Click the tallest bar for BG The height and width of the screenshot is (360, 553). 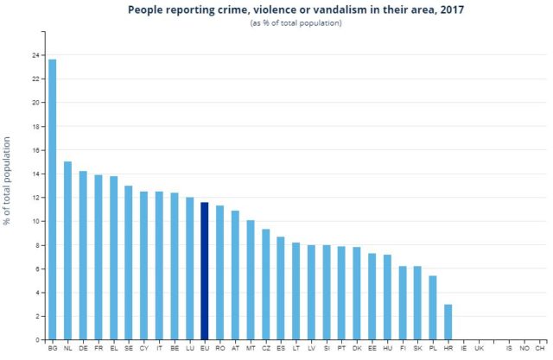(x=53, y=199)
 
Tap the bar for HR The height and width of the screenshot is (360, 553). (x=448, y=321)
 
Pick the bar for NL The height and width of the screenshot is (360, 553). (x=67, y=250)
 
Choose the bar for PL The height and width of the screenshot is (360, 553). (x=433, y=307)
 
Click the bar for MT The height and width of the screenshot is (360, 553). (x=251, y=280)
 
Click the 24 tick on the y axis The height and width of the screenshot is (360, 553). (x=35, y=55)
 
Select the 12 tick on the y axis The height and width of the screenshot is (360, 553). (x=35, y=198)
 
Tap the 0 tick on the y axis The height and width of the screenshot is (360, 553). (x=38, y=339)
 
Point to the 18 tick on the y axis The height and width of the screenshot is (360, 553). (x=35, y=126)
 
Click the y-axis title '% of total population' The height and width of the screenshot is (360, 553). (x=8, y=180)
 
